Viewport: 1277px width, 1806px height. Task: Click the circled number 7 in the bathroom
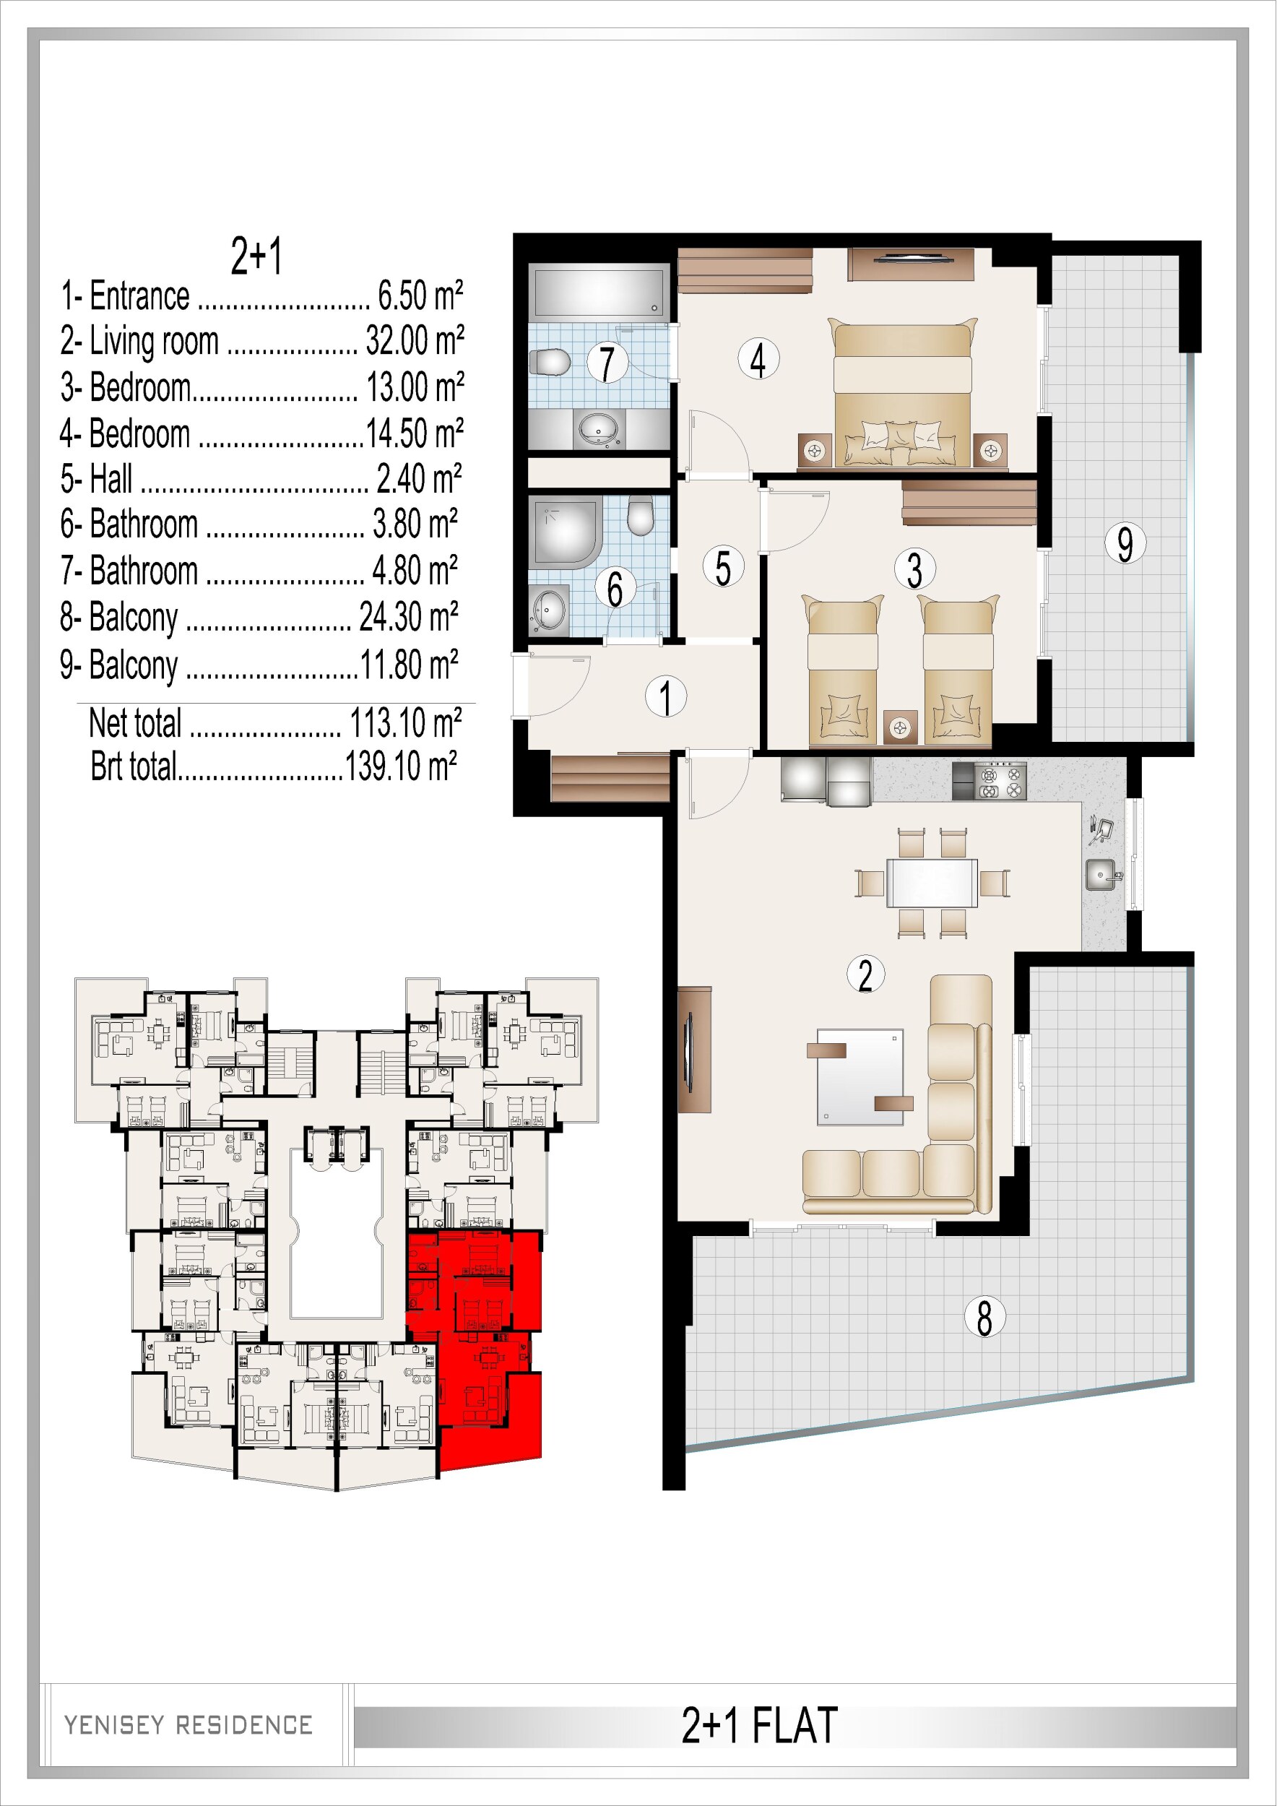click(x=607, y=363)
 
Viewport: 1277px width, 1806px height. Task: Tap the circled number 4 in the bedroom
click(x=758, y=360)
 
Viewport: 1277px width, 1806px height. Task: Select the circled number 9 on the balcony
click(x=1125, y=543)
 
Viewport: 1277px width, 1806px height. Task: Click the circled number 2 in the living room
click(x=866, y=975)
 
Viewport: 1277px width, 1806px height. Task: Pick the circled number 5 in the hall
click(x=722, y=568)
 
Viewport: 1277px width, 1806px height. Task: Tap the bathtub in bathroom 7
click(x=599, y=293)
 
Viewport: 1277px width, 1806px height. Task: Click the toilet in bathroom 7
click(x=550, y=363)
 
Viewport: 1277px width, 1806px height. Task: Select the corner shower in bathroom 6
click(x=566, y=531)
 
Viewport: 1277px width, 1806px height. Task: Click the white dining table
click(x=932, y=883)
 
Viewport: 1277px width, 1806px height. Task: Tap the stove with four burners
click(x=1000, y=780)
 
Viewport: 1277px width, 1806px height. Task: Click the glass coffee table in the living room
click(x=860, y=1077)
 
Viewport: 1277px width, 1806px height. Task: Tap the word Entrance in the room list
click(x=139, y=296)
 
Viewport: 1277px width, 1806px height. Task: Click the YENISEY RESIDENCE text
click(x=188, y=1725)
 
